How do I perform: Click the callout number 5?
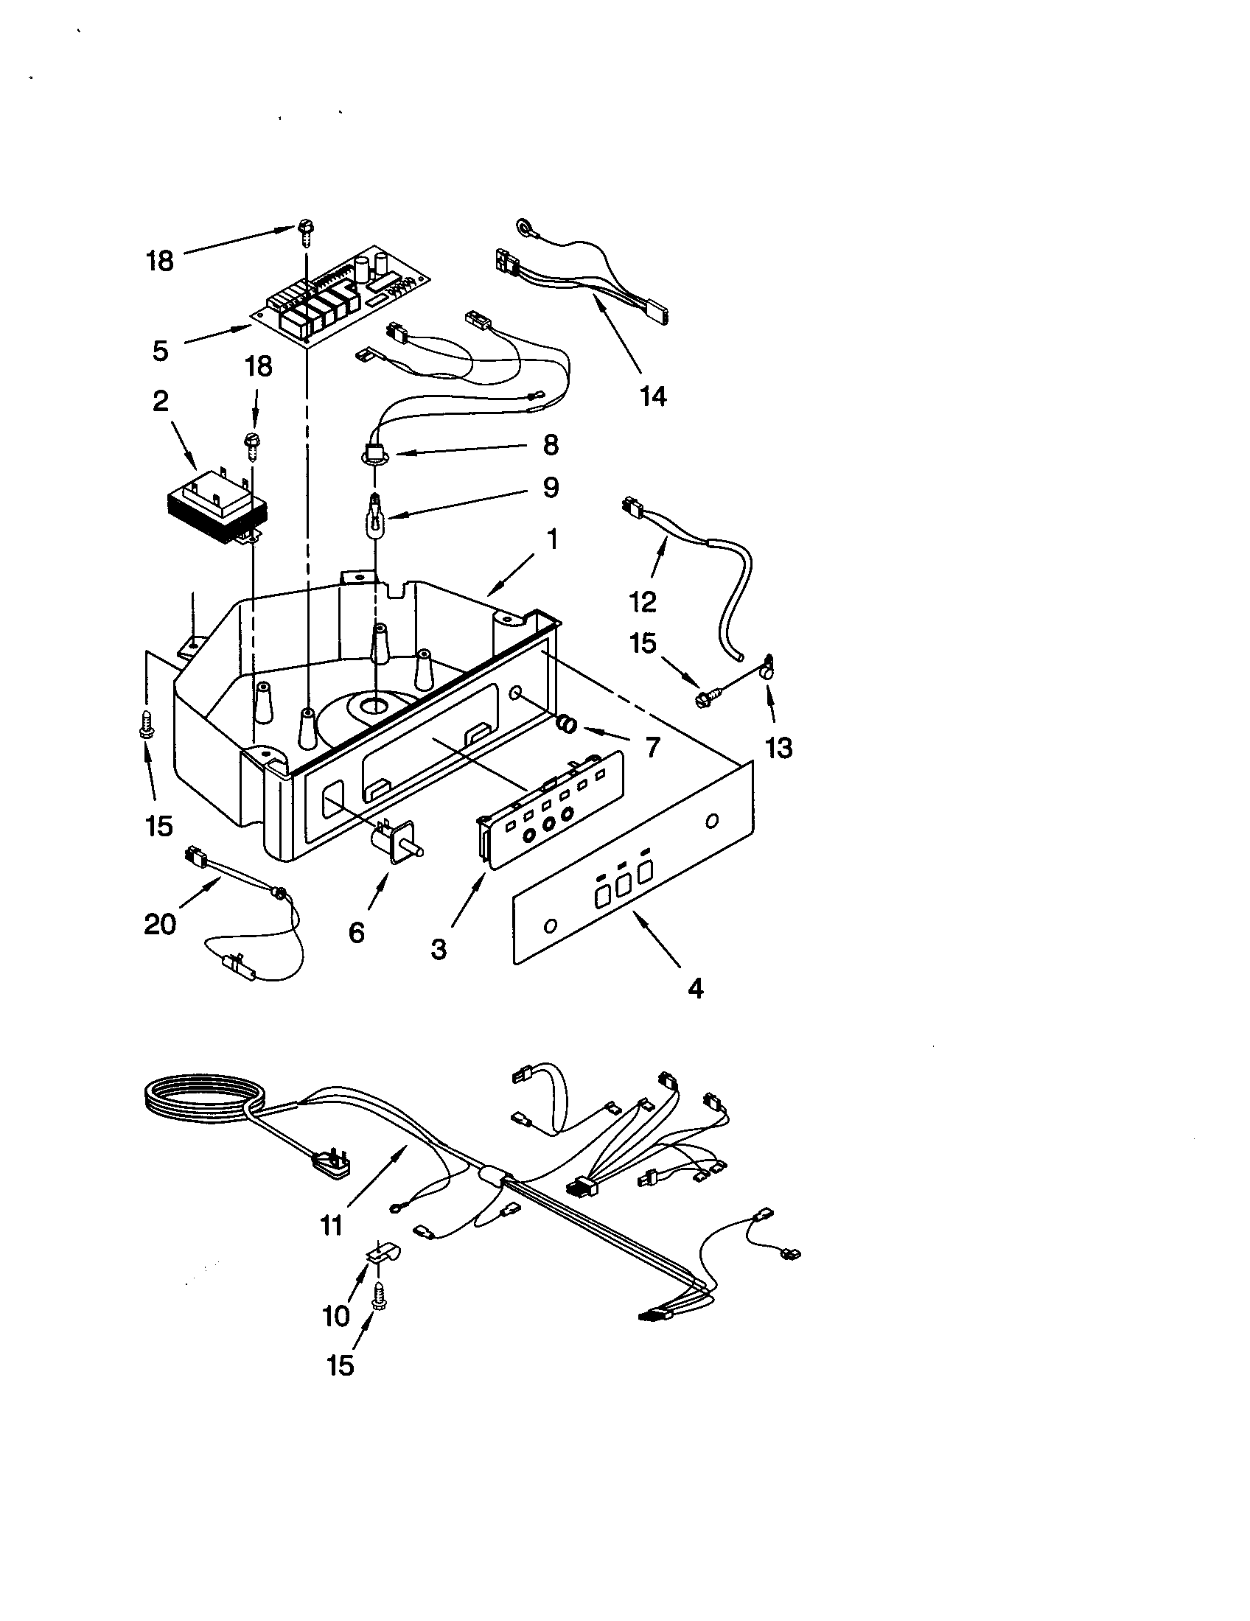pyautogui.click(x=161, y=350)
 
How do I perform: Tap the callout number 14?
pyautogui.click(x=653, y=396)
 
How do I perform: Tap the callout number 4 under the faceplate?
pyautogui.click(x=695, y=989)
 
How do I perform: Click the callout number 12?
pyautogui.click(x=643, y=601)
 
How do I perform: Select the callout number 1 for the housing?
pyautogui.click(x=551, y=539)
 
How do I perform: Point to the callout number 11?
pyautogui.click(x=331, y=1225)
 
